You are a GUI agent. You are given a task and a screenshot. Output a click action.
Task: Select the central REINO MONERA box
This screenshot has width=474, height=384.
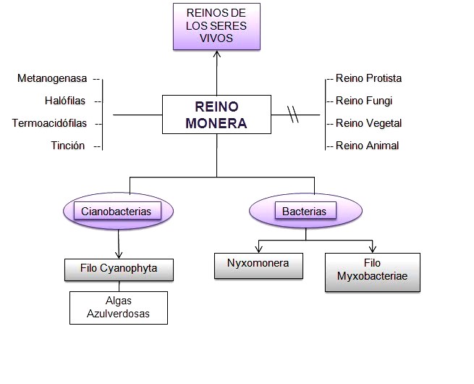(216, 114)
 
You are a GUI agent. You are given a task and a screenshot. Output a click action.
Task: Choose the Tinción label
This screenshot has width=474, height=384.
(68, 146)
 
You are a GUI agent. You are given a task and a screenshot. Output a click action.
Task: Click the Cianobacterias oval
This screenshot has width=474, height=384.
(120, 212)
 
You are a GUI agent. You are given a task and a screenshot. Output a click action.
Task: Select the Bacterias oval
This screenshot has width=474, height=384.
(305, 212)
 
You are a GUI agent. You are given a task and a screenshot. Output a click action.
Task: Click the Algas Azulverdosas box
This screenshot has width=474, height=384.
(119, 307)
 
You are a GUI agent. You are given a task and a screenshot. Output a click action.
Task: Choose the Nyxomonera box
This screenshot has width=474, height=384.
(257, 264)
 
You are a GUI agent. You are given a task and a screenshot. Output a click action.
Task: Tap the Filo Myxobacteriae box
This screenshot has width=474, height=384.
(373, 272)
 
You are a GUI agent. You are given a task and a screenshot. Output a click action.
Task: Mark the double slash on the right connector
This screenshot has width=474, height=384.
(293, 114)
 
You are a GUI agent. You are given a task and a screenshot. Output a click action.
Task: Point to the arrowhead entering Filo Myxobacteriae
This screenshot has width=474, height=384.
(373, 248)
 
